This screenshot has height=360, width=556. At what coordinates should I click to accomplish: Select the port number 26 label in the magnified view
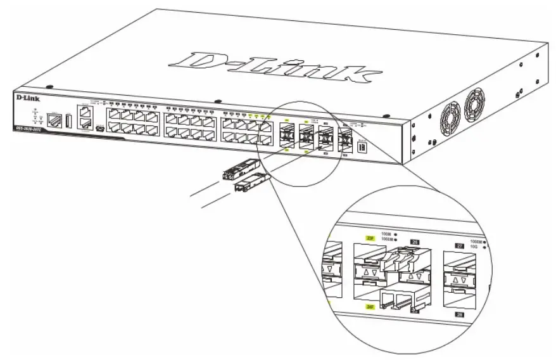(415, 241)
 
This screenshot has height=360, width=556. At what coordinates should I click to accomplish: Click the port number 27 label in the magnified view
(460, 243)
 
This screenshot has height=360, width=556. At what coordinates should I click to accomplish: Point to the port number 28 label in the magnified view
(460, 312)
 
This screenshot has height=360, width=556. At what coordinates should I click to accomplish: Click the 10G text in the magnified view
(474, 247)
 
